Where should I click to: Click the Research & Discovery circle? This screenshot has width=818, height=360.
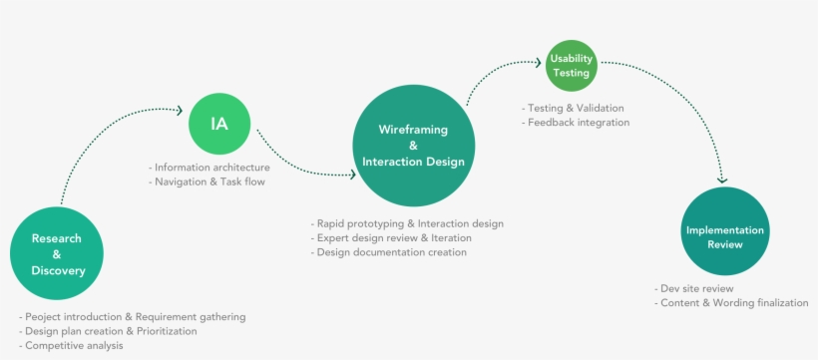point(57,254)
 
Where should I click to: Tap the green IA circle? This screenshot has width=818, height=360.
point(218,124)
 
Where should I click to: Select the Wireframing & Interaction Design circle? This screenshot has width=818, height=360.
point(413,146)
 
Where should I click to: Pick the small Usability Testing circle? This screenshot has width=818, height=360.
point(571,66)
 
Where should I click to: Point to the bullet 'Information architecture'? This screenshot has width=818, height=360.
point(210,168)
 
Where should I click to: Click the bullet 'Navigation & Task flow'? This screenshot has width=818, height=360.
point(208,182)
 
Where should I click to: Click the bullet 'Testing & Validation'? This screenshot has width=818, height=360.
point(573,108)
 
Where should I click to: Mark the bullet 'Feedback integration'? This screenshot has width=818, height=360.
point(576,123)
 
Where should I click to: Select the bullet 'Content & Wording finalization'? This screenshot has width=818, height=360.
point(731,302)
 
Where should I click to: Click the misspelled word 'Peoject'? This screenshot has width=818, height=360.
point(45,316)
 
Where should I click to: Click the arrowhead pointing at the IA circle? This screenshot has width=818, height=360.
point(178,110)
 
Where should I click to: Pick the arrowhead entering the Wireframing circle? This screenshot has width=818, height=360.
point(350,175)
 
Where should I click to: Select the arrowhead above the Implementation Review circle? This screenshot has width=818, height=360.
point(723,180)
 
